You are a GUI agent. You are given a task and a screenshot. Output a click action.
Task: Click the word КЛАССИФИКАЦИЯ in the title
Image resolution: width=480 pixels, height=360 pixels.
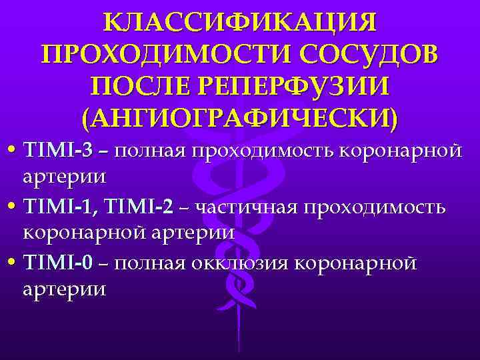pos(240,23)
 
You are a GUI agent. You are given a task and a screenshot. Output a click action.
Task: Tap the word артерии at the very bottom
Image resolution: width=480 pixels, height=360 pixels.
pos(64,291)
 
